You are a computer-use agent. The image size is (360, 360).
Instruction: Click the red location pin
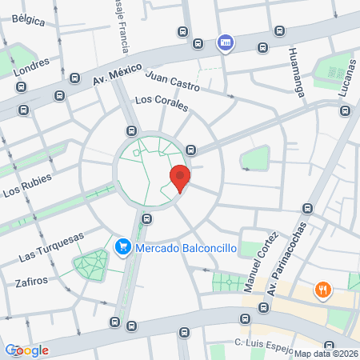coord(180,177)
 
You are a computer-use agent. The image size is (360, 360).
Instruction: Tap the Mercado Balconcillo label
coord(185,248)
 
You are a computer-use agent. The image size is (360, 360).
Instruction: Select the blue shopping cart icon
coord(122,248)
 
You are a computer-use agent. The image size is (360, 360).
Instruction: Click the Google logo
coord(26,350)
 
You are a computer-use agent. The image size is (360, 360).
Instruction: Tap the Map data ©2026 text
coord(325,354)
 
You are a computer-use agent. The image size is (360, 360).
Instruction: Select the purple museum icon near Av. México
coord(226,42)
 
